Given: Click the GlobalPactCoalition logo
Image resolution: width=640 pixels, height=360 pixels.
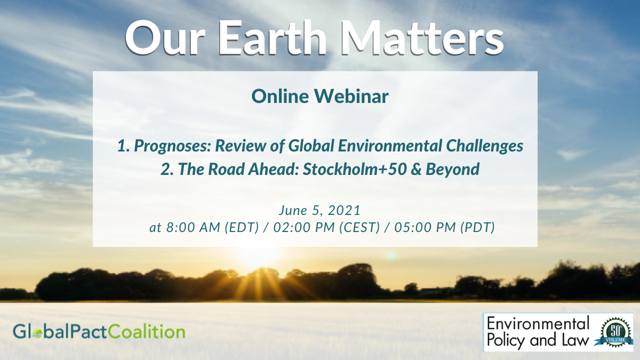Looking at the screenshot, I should pos(99,332).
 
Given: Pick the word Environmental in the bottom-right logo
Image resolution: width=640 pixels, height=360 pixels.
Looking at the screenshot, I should pos(539,324).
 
